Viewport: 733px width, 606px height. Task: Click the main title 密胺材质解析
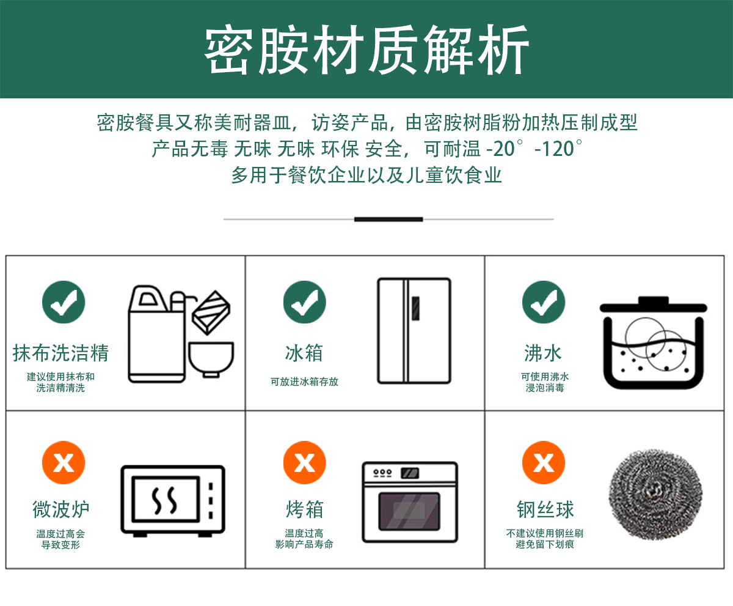click(x=366, y=50)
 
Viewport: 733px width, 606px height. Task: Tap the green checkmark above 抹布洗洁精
click(x=64, y=302)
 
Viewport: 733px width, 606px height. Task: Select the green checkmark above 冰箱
click(x=304, y=302)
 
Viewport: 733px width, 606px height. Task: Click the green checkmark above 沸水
click(x=543, y=302)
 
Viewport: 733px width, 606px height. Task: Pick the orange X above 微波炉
click(x=64, y=463)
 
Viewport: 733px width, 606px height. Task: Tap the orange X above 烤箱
click(x=304, y=463)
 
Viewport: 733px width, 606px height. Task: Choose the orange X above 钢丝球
click(x=543, y=463)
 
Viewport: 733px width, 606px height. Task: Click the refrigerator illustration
click(x=414, y=331)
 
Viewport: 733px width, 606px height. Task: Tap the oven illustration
click(x=409, y=501)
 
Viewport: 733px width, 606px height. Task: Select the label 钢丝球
click(x=545, y=509)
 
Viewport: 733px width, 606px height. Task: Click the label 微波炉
click(x=61, y=509)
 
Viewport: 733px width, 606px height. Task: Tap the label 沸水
click(x=543, y=353)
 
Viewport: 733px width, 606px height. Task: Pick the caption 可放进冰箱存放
click(x=304, y=382)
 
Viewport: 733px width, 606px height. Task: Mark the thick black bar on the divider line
click(x=388, y=219)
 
